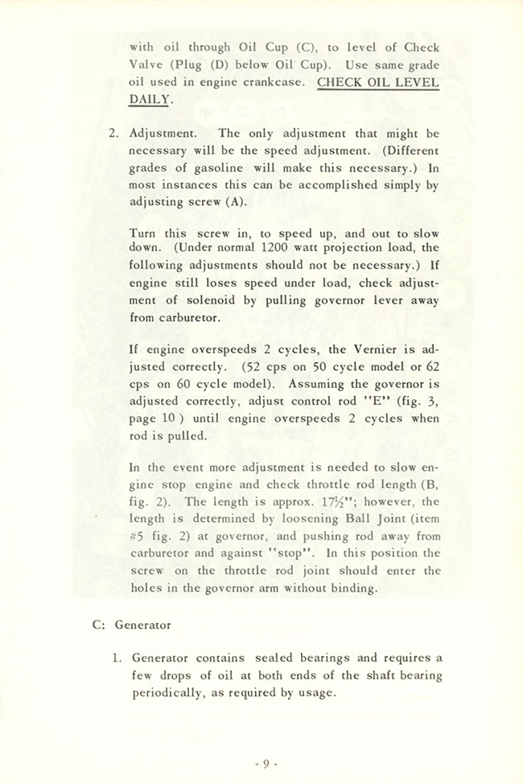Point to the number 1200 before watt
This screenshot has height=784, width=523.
(279, 247)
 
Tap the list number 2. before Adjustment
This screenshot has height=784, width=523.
(113, 134)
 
